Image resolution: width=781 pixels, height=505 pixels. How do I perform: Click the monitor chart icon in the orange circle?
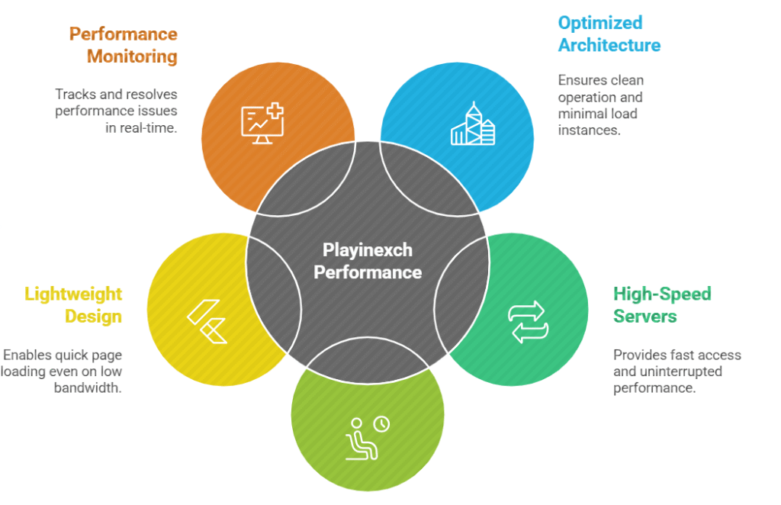(262, 122)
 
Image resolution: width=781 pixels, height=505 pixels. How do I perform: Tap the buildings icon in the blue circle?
(473, 125)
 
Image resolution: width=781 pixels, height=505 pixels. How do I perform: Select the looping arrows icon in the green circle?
(528, 321)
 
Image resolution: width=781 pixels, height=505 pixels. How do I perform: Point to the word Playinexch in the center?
(367, 249)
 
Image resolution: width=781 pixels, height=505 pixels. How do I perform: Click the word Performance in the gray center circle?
(368, 272)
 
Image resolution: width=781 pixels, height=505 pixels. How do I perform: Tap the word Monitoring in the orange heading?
(132, 56)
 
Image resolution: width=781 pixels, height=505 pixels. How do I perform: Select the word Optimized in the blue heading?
(600, 23)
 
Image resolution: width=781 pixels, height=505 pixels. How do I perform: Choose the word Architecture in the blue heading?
(609, 45)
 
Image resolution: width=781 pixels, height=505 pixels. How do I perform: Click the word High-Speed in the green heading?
(662, 294)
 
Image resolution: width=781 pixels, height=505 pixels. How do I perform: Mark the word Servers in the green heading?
(644, 316)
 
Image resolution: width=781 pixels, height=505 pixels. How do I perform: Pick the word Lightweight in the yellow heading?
(73, 294)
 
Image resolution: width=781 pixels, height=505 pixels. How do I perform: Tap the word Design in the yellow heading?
(93, 316)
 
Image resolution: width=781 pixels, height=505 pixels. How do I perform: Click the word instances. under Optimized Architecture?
(590, 130)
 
